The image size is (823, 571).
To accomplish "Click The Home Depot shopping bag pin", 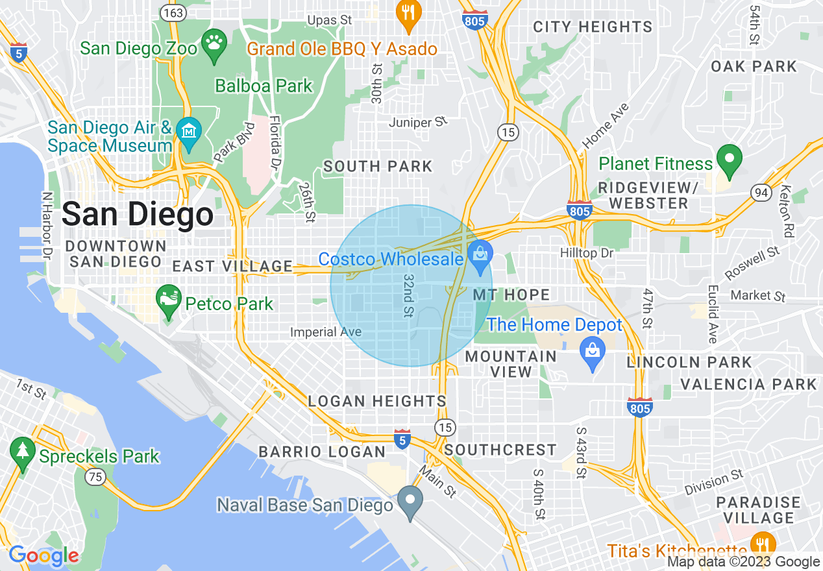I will [593, 353].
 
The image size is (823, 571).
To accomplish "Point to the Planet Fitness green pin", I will [729, 161].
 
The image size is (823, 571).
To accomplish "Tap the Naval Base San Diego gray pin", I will [410, 502].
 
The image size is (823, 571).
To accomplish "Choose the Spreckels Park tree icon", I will [23, 454].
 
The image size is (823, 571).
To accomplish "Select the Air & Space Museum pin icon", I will [188, 134].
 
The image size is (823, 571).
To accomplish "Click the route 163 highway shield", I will [175, 12].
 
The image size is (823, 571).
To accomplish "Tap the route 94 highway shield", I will [761, 191].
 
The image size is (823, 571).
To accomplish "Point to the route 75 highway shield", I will [97, 477].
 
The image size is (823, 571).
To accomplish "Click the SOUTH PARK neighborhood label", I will [378, 167].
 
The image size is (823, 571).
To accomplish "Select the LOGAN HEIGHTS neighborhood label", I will [377, 401].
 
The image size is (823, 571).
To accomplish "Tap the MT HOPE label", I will [511, 295].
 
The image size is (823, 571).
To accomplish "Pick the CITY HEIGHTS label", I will [592, 27].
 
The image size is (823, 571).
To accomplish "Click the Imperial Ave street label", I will [325, 332].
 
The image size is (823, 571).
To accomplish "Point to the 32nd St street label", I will [408, 295].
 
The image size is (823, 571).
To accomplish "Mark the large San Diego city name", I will [138, 214].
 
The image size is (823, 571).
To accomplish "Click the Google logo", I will [43, 555].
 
